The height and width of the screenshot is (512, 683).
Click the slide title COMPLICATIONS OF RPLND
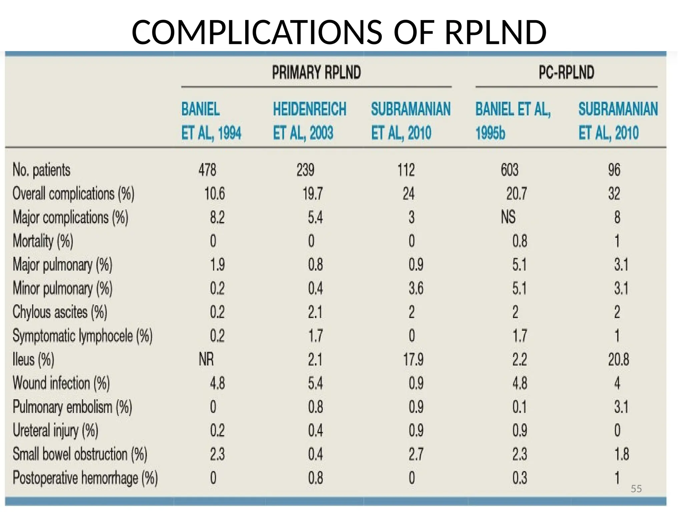tap(339, 32)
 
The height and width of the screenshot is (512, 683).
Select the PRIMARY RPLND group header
tap(316, 73)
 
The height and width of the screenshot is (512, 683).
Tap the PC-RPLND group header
tap(566, 73)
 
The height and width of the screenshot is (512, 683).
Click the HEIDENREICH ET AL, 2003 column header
tap(309, 121)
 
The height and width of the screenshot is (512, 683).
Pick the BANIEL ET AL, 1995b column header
tap(513, 121)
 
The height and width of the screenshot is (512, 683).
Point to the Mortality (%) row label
tap(43, 241)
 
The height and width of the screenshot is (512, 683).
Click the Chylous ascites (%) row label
tap(60, 312)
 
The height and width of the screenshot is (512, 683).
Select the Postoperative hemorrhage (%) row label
tap(85, 478)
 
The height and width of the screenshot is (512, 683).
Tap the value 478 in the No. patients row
tap(207, 170)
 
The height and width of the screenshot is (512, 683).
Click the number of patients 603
tap(509, 170)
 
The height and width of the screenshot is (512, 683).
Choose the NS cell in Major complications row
tap(508, 217)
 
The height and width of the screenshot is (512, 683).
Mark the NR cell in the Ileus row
tap(206, 359)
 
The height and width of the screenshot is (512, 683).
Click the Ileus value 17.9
tap(413, 359)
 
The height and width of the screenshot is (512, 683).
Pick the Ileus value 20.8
tap(618, 359)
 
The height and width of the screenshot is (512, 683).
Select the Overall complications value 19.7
tap(312, 194)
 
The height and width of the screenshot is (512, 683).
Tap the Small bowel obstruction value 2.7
tap(416, 454)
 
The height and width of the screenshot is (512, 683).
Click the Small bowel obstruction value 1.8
tap(621, 454)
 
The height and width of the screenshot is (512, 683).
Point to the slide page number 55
tap(636, 489)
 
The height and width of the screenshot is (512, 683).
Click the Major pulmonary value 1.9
tap(217, 265)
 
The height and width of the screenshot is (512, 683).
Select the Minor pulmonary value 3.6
tap(416, 288)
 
